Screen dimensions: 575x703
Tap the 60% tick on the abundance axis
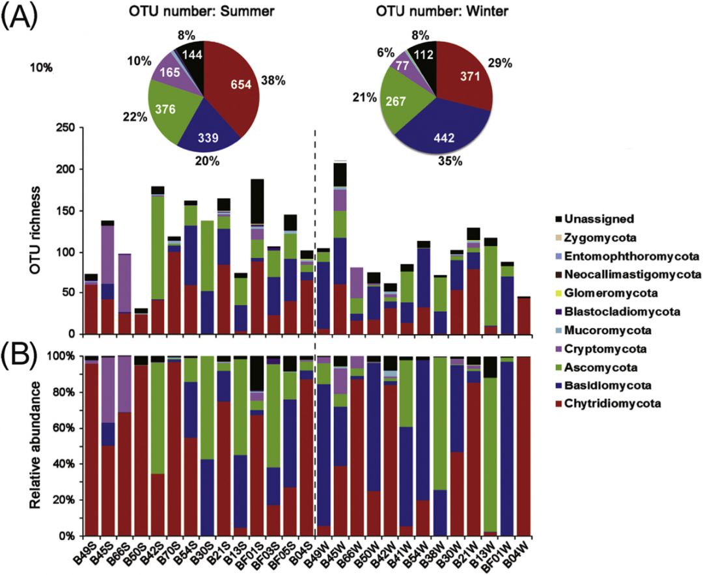coord(69,428)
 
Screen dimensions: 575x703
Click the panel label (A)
coord(20,14)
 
